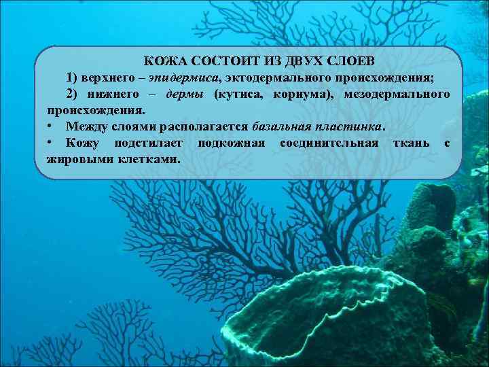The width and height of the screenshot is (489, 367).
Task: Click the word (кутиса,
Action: click(240, 93)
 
